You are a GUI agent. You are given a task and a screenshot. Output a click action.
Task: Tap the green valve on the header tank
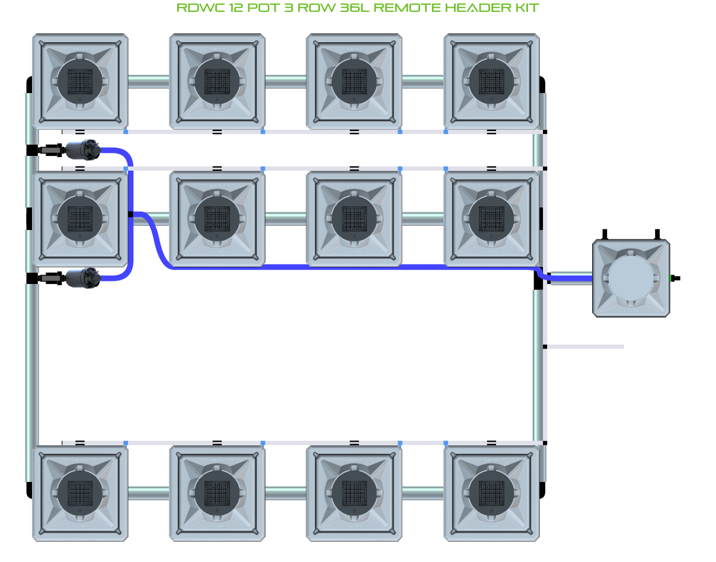click(674, 278)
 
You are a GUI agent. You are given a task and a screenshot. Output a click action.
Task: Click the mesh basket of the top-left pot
click(80, 81)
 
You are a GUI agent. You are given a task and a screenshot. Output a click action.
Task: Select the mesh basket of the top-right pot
click(491, 81)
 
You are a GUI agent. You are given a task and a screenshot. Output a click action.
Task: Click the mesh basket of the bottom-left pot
click(80, 493)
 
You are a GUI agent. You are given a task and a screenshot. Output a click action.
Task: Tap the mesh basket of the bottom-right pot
click(491, 493)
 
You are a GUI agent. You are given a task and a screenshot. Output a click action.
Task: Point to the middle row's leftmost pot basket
click(80, 218)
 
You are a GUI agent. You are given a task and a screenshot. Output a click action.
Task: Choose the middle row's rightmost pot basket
click(491, 218)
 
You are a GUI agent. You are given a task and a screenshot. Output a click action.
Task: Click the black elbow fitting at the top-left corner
click(29, 84)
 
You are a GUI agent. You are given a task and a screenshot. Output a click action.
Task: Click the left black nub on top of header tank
click(606, 234)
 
